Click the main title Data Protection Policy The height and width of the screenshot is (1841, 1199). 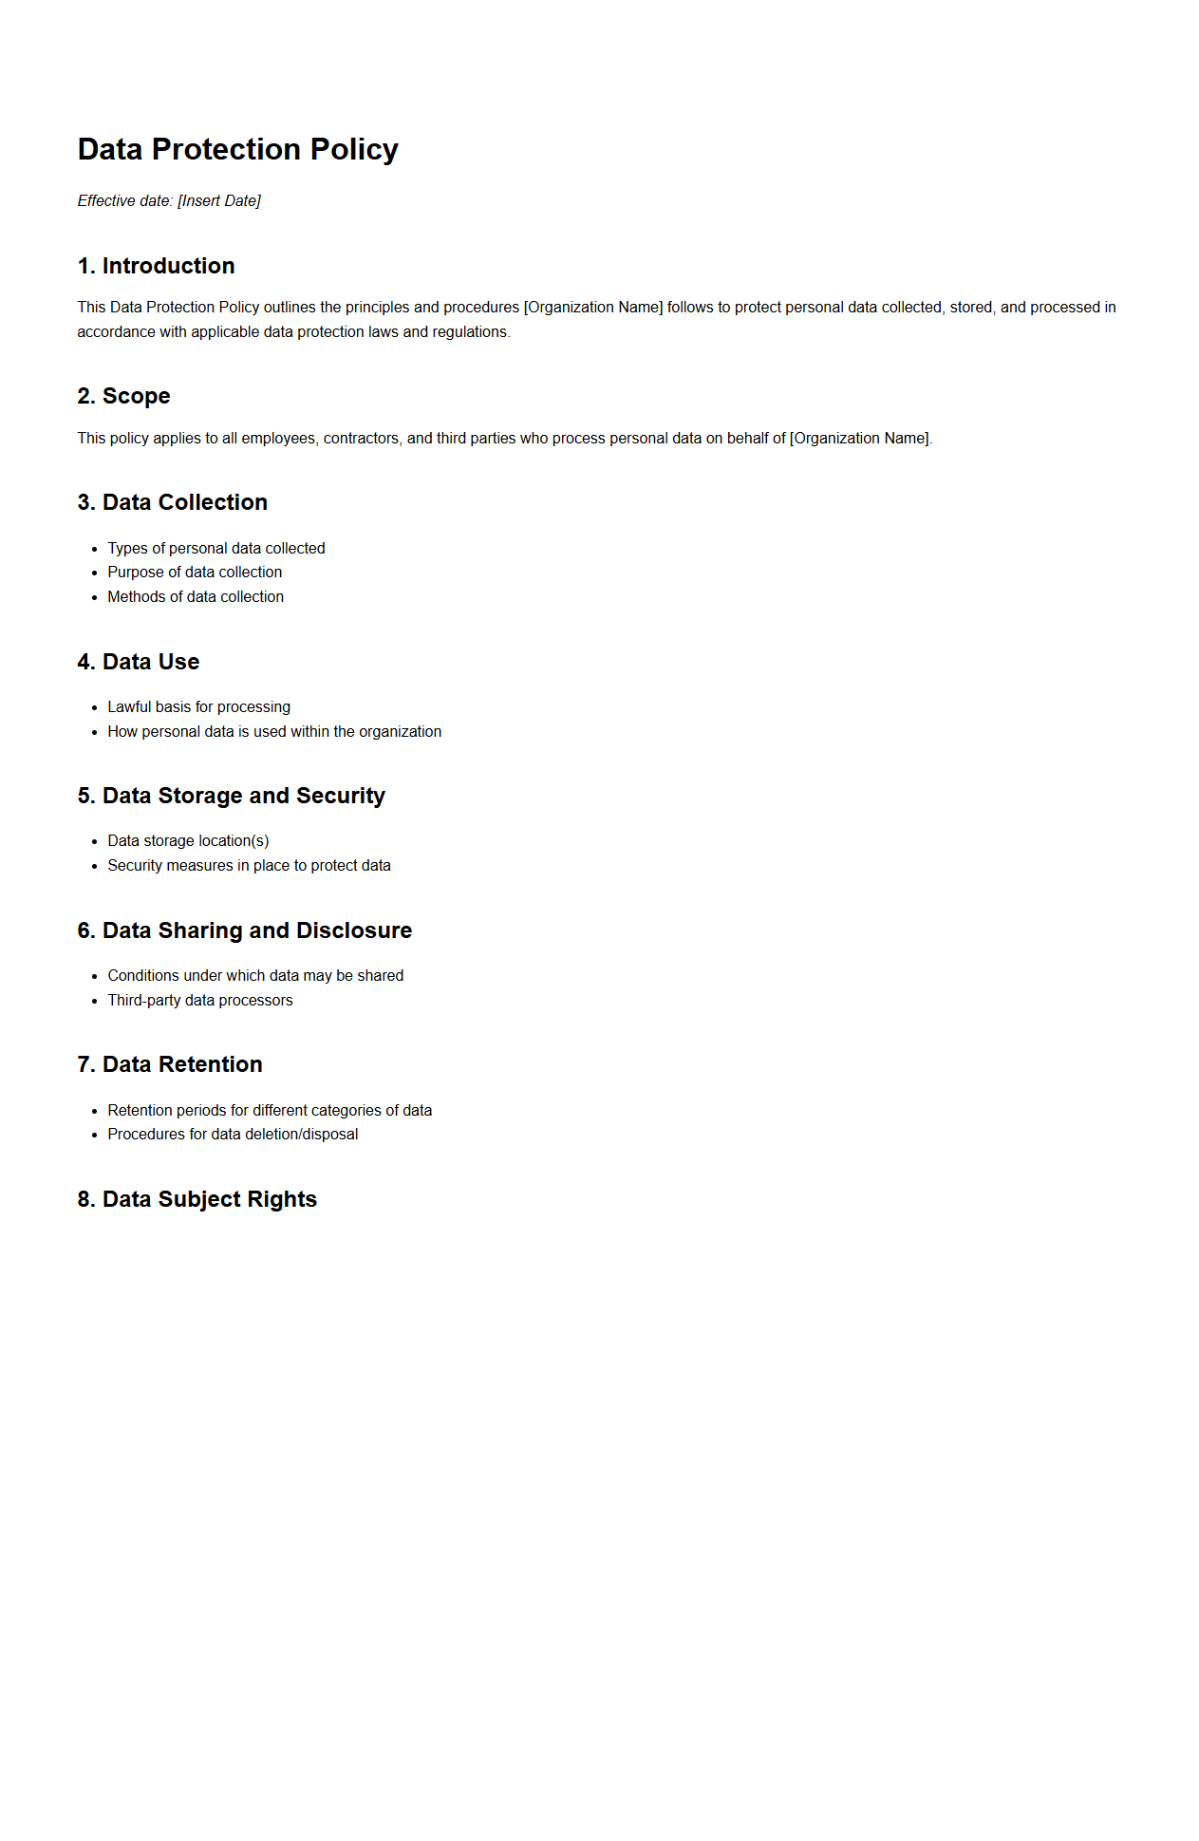pos(237,149)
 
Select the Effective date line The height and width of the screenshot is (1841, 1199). pos(169,200)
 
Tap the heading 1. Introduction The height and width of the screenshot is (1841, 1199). pos(156,266)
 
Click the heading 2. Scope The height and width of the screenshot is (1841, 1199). pos(123,396)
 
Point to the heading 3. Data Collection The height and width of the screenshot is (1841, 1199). pos(172,502)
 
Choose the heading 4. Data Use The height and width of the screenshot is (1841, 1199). pos(138,662)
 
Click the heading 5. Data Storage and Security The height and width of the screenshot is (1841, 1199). pos(231,796)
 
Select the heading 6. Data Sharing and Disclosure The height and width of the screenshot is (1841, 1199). pos(244,930)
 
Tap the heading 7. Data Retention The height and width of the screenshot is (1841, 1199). pos(169,1064)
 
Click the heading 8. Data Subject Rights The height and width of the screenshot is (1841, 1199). pos(197,1199)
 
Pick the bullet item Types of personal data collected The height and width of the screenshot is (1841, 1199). pos(215,548)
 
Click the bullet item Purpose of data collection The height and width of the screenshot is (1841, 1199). pos(195,572)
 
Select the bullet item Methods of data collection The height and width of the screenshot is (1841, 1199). pos(196,596)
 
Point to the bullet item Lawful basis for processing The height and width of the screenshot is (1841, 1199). pos(198,706)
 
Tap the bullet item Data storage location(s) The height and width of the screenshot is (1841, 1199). pos(188,840)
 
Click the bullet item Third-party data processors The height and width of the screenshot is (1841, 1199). pos(199,1000)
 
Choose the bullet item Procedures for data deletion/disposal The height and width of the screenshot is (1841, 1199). pos(233,1134)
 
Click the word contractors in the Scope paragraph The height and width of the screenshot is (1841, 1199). pos(361,438)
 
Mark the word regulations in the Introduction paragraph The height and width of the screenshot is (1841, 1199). pos(471,331)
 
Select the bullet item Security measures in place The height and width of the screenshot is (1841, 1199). pos(249,865)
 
